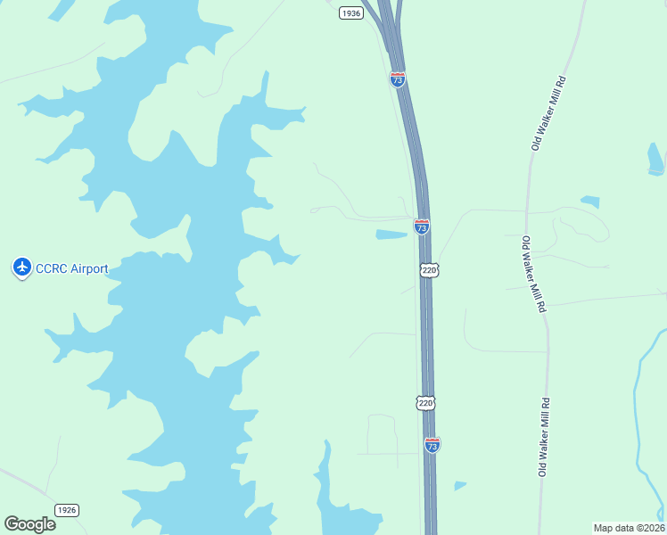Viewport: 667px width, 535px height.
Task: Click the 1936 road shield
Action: pos(351,12)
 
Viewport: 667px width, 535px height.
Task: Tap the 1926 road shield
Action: pos(67,509)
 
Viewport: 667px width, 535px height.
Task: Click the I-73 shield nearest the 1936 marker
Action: pos(398,79)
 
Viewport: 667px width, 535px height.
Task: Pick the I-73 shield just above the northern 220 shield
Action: pos(422,226)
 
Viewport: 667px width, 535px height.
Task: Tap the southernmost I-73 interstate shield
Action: pos(432,445)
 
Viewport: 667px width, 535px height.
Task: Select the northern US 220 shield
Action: pos(429,268)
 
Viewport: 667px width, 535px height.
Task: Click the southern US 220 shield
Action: pos(425,403)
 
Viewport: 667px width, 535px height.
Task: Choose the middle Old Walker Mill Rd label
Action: pos(533,274)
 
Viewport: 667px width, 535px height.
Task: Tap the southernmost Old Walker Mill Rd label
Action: pos(543,437)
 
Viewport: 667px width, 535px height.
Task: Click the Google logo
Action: pos(29,523)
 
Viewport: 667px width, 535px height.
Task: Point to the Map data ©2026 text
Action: pos(628,528)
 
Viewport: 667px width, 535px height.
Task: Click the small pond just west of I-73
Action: pos(391,235)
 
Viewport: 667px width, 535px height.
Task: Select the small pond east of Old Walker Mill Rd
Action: pos(589,202)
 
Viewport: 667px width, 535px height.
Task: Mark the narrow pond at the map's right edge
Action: pos(655,158)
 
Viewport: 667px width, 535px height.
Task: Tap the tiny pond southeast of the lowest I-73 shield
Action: pos(459,486)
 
